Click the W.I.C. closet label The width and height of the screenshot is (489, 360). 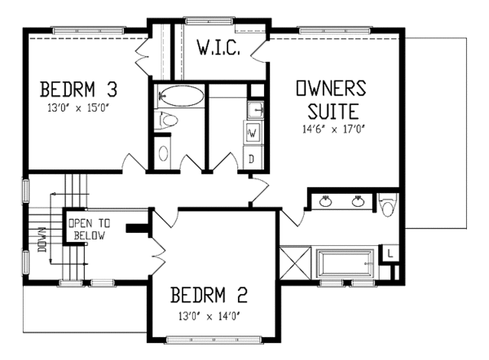click(218, 48)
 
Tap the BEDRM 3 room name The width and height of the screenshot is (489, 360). click(78, 89)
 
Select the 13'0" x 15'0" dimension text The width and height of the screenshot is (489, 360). click(80, 108)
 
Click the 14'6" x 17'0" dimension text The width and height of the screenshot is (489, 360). click(333, 129)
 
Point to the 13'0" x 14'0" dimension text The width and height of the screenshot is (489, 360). click(210, 317)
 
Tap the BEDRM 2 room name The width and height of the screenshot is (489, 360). click(209, 295)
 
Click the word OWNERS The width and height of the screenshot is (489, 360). click(331, 88)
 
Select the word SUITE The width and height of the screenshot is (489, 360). click(333, 112)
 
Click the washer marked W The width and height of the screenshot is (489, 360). click(253, 134)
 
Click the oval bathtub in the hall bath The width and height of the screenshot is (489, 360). click(182, 96)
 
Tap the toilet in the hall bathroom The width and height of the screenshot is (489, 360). click(166, 120)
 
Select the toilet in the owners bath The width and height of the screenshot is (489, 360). click(388, 204)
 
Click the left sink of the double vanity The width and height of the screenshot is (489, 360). click(325, 202)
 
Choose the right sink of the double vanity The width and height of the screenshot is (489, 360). click(358, 202)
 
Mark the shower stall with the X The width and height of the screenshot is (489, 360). click(295, 262)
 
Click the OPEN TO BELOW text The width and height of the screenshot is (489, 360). click(90, 230)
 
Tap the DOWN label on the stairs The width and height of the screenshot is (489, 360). click(42, 239)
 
